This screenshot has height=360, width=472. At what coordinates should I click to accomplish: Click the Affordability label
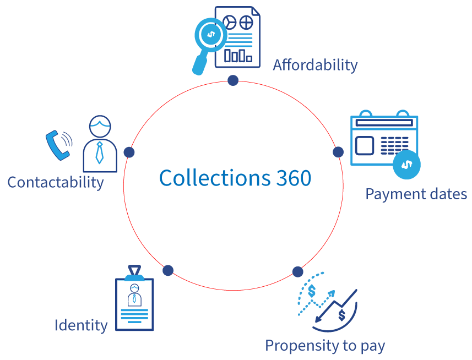tap(315, 65)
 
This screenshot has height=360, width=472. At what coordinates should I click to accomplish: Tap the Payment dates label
tap(416, 194)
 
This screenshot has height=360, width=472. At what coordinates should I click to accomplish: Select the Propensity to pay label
tap(324, 346)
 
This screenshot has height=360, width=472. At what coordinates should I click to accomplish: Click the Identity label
tap(80, 325)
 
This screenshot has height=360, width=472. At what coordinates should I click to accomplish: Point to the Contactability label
tap(55, 182)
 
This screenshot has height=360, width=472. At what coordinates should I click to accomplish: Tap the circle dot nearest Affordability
tap(233, 80)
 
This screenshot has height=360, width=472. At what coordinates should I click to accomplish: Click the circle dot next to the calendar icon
tap(338, 151)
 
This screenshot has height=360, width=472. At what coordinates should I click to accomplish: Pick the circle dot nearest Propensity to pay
tap(297, 271)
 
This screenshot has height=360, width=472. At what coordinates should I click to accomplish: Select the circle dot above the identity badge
tap(168, 270)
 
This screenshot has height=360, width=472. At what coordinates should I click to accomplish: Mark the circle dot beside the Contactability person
tap(129, 152)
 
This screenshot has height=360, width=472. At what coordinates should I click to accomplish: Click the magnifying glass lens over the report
tap(210, 35)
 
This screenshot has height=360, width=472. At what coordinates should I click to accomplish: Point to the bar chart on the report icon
tap(238, 55)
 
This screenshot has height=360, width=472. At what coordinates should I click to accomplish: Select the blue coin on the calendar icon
tap(406, 164)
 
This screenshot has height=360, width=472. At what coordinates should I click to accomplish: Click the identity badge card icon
tap(134, 304)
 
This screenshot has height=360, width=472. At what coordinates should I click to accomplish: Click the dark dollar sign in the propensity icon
tap(342, 315)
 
